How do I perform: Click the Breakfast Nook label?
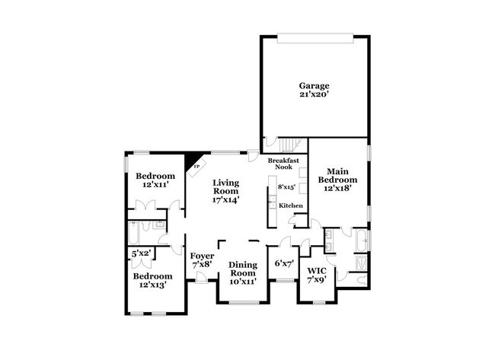(x=283, y=164)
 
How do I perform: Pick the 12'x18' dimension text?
(x=337, y=189)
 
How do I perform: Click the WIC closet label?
(x=316, y=271)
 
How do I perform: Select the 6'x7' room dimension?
(x=283, y=263)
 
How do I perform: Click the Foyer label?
(x=202, y=256)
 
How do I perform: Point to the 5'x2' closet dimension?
(x=142, y=253)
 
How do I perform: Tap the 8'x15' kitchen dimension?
(x=286, y=186)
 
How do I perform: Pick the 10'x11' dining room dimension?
(x=242, y=282)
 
